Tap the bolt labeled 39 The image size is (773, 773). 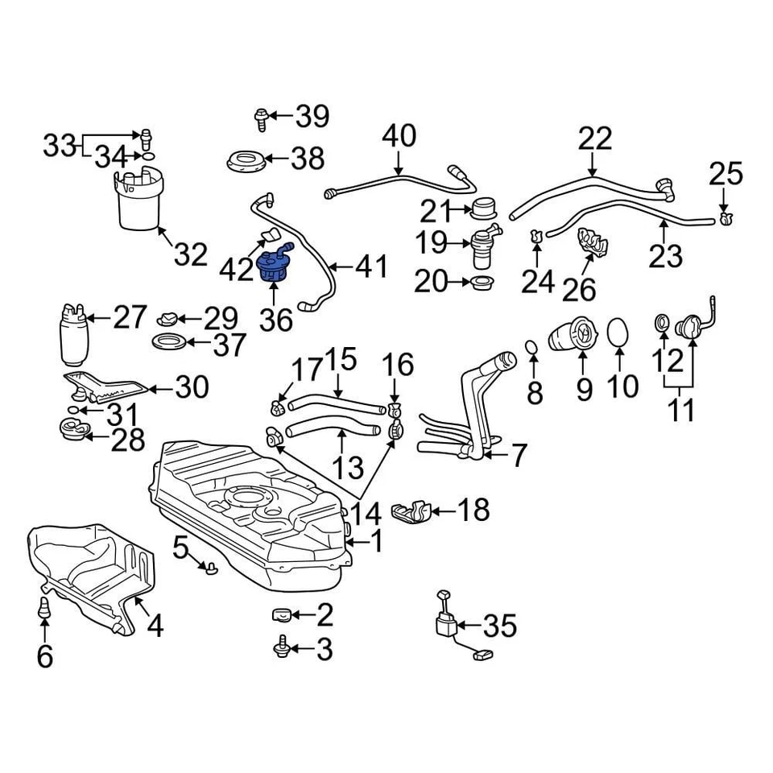tap(259, 118)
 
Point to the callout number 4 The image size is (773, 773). tap(154, 625)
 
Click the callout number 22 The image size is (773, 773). tap(594, 140)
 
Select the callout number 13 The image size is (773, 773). tap(346, 466)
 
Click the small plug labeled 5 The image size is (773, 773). tap(211, 569)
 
